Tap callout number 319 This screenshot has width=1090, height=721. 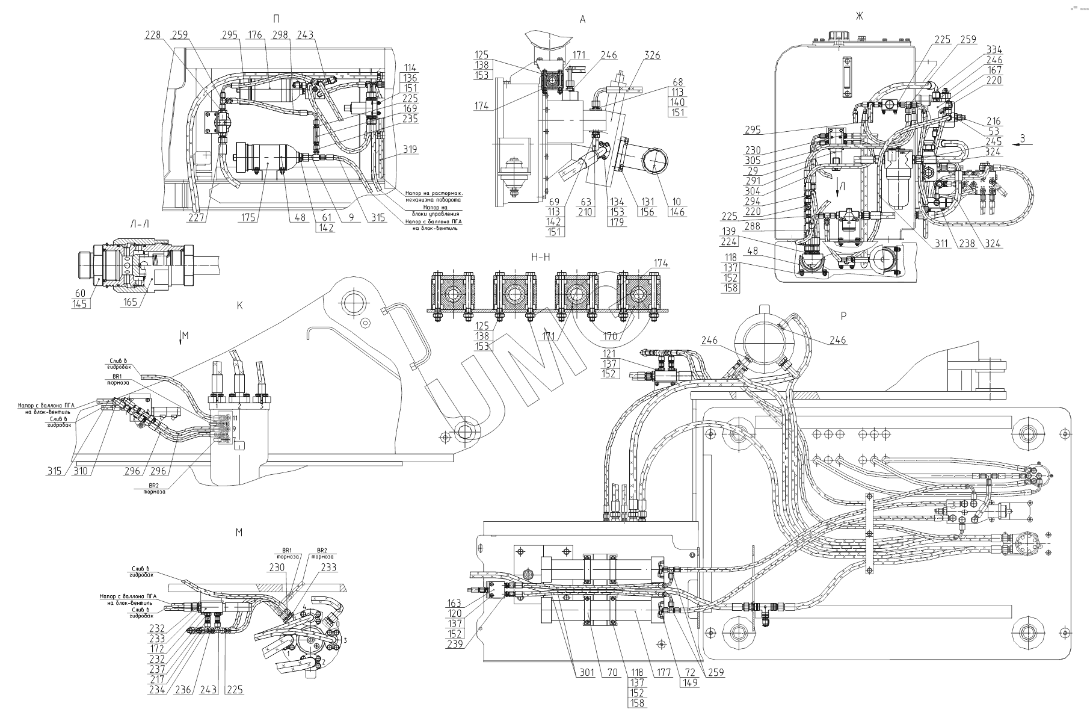click(x=411, y=149)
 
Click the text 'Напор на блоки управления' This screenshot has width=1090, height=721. click(x=436, y=210)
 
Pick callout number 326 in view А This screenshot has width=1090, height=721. click(x=653, y=56)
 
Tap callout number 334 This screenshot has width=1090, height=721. click(x=994, y=50)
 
